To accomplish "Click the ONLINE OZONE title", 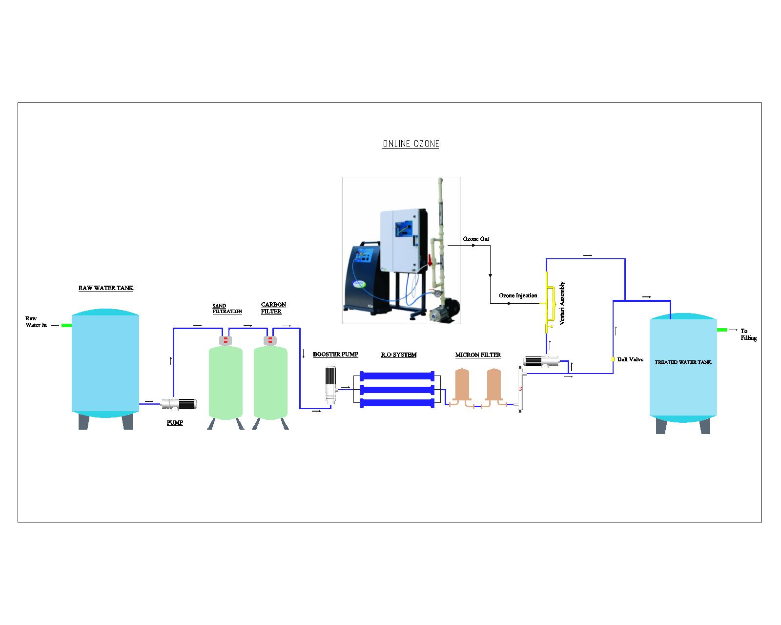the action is [x=411, y=144].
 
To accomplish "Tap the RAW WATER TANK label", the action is [x=105, y=288].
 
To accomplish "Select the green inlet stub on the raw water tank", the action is [x=66, y=325].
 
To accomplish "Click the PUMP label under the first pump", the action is [x=175, y=423].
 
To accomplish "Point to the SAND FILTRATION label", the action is [x=227, y=309].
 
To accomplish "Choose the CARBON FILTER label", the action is [x=273, y=308].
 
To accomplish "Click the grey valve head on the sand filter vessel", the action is [x=226, y=341].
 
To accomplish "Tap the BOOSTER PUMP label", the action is [x=335, y=354].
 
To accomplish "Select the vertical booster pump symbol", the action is [x=330, y=385].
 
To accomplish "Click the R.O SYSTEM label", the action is [x=398, y=355].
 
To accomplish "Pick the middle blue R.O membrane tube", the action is [x=397, y=390].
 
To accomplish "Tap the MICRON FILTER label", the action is [x=477, y=355].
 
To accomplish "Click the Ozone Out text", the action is [x=476, y=239].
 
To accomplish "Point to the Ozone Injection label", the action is [x=518, y=295].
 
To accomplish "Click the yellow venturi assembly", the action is [x=548, y=303].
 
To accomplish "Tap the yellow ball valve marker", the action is [x=613, y=359].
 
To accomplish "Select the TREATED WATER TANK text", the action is [x=683, y=362].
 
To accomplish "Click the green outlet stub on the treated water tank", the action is [x=722, y=330].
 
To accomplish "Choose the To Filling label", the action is [x=748, y=334].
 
